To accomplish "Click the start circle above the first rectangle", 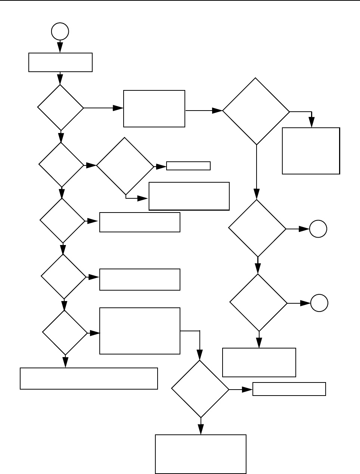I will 60,31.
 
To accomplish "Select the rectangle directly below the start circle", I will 60,62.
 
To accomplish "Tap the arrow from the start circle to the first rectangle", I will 60,46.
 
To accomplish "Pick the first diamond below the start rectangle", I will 60,108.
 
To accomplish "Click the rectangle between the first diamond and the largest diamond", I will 154,109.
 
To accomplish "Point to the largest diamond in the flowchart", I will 256,111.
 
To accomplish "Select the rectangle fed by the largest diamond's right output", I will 311,151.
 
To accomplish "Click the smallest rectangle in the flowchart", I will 188,166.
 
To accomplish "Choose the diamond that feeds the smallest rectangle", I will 125,166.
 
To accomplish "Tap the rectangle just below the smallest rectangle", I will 189,196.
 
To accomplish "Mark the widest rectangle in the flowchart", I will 89,378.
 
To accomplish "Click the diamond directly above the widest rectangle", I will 65,332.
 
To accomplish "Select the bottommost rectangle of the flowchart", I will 201,454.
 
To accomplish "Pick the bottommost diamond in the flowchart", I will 200,389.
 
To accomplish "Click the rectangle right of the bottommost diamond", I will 289,389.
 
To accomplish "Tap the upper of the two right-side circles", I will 318,229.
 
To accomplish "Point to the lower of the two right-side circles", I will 319,303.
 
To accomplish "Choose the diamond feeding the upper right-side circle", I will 257,228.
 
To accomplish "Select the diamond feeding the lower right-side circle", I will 258,303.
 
